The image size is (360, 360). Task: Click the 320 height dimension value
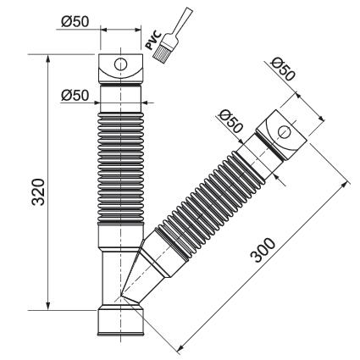[x=38, y=191]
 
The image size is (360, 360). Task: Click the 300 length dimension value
[x=263, y=250]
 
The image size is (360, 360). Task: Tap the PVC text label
[x=153, y=41]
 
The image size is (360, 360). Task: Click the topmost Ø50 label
[x=75, y=21]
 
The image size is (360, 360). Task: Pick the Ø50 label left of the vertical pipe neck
[x=75, y=96]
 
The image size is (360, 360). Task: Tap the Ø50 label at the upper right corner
[x=283, y=69]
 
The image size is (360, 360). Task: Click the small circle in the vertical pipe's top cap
[x=120, y=64]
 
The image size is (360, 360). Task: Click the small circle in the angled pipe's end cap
[x=285, y=132]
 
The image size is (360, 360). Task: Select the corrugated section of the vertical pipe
[x=120, y=168]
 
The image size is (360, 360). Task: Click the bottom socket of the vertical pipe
[x=120, y=322]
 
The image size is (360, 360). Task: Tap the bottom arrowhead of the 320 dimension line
[x=48, y=305]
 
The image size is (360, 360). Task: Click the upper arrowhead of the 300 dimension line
[x=344, y=186]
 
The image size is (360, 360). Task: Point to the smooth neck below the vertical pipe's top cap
[x=120, y=98]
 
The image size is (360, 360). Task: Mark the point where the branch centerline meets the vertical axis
[x=120, y=296]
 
